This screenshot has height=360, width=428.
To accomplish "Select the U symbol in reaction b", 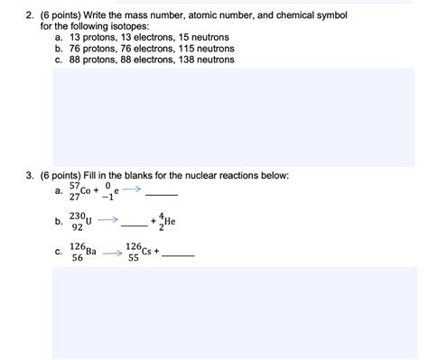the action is [88, 220].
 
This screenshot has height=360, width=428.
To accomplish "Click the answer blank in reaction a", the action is [162, 196].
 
